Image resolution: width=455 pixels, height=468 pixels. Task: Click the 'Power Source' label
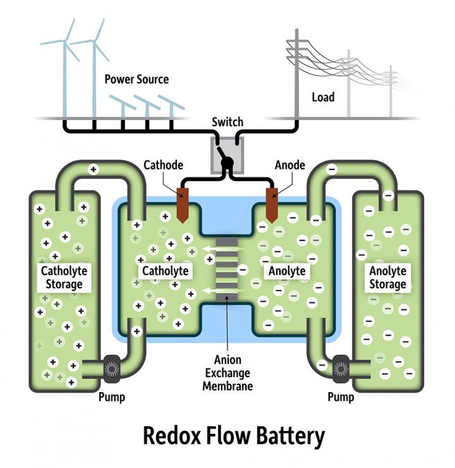(136, 80)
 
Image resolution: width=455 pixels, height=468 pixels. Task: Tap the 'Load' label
(323, 97)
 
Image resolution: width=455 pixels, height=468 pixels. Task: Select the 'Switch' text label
(227, 122)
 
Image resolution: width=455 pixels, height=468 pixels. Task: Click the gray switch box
(227, 155)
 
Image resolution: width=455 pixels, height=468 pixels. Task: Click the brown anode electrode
(272, 204)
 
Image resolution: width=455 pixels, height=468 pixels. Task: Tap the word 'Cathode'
(162, 165)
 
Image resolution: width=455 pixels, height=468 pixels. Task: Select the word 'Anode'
(290, 165)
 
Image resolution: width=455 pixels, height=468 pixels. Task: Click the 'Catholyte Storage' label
(64, 277)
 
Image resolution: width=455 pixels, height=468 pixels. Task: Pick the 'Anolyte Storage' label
(387, 277)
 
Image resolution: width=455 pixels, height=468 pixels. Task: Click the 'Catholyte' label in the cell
(165, 271)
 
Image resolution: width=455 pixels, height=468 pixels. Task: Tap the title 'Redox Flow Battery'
(233, 436)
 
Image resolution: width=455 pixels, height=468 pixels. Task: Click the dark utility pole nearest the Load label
(296, 76)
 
